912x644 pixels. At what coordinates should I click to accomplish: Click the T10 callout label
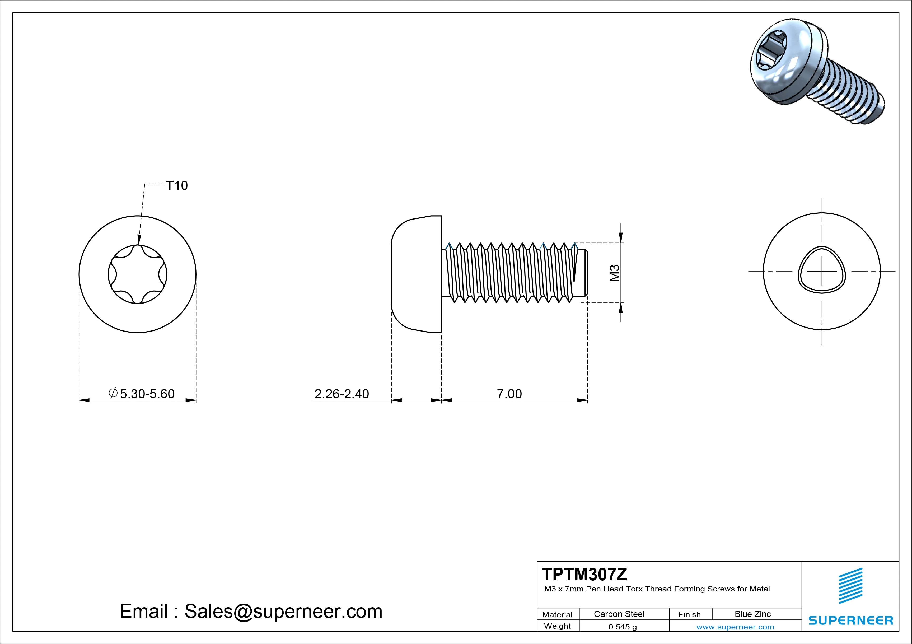coord(177,185)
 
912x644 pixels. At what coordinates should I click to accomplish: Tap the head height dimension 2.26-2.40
coord(342,394)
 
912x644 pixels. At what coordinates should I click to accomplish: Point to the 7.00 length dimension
coord(509,394)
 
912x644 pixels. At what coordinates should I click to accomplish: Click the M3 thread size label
coord(615,273)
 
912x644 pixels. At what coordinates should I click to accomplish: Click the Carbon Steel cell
coord(619,614)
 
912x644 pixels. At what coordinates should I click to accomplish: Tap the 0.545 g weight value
coord(623,627)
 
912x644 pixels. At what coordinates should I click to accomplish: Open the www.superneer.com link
coord(735,627)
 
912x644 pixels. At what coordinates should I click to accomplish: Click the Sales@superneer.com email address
coord(283,612)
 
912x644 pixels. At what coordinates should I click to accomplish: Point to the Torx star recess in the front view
coord(137,274)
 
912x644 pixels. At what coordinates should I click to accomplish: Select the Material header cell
coord(557,615)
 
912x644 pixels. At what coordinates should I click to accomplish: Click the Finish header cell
coord(689,614)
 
